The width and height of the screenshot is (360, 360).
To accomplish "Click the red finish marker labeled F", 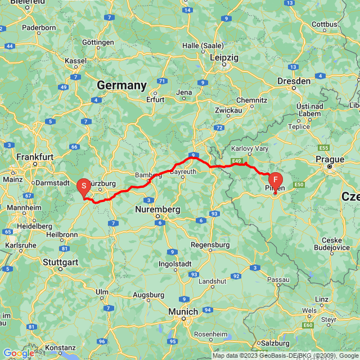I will pos(275,180).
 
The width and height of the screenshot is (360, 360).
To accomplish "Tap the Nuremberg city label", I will pos(158,210).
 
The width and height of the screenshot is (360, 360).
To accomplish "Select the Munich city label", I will pos(184,311).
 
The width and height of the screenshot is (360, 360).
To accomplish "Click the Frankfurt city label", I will pos(35,157).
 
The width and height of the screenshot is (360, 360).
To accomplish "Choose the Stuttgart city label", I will pos(61,261).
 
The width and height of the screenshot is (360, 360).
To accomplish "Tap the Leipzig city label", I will pos(224,57).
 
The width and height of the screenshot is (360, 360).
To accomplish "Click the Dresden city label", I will pos(294,81).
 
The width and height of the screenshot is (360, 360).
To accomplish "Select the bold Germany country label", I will pos(121,85).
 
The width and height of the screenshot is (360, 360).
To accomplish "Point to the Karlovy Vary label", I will pos(250,149).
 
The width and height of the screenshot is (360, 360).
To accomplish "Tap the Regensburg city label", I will pos(210,245).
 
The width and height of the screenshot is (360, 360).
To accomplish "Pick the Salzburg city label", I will pos(275,343).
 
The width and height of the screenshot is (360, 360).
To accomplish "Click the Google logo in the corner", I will pos(18,353).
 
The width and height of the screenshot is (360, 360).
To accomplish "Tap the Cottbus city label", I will pos(324,24).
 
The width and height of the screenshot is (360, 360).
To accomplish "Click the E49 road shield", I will pos(236,162).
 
